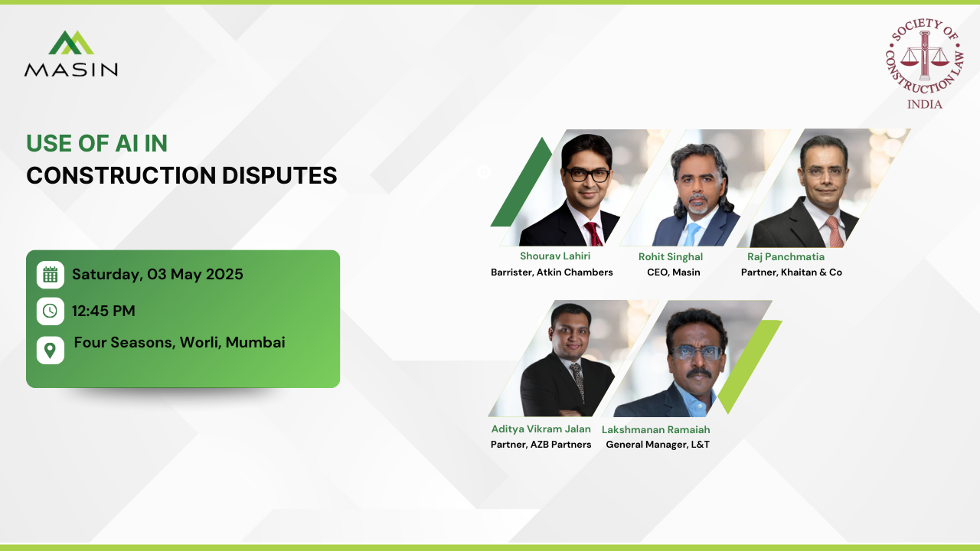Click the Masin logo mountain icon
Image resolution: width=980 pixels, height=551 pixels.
coord(71,43)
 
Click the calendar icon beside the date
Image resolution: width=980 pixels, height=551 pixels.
coord(50,275)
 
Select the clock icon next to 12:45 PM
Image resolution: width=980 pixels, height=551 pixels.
coord(50,311)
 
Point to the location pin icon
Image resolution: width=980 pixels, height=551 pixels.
coord(50,350)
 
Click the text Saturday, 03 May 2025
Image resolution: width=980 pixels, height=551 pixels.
coord(158,274)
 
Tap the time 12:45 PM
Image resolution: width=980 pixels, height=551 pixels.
coord(103,311)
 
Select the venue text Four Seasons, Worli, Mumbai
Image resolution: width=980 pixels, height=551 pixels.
coord(179,342)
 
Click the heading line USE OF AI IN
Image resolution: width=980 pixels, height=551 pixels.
coord(96,143)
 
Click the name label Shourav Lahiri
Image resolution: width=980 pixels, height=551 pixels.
coord(555,256)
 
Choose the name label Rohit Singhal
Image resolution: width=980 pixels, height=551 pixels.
coord(671,257)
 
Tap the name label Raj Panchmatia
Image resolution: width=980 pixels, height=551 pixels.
coord(786,257)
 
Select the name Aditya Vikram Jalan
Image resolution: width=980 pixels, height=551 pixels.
coord(541,429)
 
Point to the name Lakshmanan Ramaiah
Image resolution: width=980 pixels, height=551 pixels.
coord(655,430)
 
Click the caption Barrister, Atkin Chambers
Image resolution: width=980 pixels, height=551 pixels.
coord(551,272)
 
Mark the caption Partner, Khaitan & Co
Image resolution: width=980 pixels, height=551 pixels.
coord(791,272)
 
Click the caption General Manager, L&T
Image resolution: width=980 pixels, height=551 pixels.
coord(657,445)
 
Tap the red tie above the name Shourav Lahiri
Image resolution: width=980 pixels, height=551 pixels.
coord(593,233)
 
